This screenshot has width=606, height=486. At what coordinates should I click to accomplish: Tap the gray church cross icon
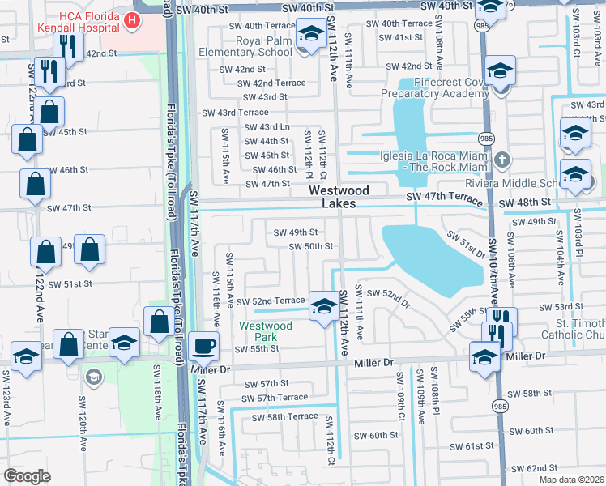(x=502, y=158)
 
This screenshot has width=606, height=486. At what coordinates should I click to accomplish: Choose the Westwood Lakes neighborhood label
(x=339, y=197)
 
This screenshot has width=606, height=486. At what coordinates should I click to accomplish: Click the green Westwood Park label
(x=265, y=332)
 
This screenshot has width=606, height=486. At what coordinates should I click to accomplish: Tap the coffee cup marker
(x=203, y=346)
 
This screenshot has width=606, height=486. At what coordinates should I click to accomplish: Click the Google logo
(x=27, y=476)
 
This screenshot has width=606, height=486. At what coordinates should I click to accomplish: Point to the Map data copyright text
(x=571, y=480)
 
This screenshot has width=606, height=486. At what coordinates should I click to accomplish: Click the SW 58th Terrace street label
(x=284, y=416)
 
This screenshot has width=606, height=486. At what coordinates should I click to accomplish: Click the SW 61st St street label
(x=474, y=446)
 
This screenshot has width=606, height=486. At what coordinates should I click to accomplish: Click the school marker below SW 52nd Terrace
(x=324, y=306)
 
